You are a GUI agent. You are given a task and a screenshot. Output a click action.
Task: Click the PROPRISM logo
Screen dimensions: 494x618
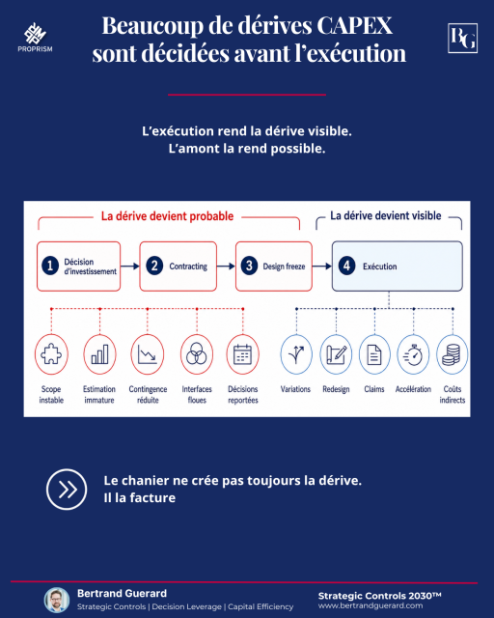tap(35, 38)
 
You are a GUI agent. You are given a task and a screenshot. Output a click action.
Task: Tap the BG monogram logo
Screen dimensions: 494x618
tap(462, 38)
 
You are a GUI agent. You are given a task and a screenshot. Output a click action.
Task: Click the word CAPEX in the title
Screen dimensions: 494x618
tap(354, 25)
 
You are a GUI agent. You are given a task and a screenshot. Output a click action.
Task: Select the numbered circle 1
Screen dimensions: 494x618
tap(50, 266)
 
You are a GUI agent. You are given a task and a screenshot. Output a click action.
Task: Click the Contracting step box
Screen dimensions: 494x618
tap(178, 267)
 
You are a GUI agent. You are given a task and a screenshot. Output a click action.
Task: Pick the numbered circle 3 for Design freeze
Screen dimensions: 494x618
tap(249, 267)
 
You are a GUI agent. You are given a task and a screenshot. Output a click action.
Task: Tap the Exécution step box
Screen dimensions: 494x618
tap(398, 267)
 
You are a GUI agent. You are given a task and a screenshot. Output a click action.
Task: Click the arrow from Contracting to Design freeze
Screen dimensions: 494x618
tap(226, 267)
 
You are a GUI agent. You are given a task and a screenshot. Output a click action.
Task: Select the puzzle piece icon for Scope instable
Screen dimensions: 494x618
tap(51, 354)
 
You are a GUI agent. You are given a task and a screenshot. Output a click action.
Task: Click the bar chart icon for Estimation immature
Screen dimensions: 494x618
tap(99, 354)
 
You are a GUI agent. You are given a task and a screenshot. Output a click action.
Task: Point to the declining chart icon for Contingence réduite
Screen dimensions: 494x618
tap(148, 354)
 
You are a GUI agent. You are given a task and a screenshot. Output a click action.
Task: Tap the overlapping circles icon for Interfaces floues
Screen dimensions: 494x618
tap(197, 354)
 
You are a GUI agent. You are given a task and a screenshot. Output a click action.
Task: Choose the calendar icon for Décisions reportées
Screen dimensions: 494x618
tap(243, 354)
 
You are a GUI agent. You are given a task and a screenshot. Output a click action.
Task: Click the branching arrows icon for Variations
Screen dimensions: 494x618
tap(296, 354)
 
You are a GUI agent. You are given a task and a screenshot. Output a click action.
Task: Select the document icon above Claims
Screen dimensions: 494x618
tap(374, 354)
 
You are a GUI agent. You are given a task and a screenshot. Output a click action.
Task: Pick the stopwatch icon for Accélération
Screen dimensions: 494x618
tap(413, 354)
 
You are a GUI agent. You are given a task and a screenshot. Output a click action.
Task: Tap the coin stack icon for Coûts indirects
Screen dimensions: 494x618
tap(452, 354)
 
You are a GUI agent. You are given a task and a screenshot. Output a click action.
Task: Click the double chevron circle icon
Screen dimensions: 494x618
tap(67, 490)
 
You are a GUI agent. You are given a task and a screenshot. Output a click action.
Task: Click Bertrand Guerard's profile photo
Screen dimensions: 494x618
tap(57, 601)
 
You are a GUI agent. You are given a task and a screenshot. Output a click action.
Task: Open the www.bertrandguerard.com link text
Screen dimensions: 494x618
tap(370, 605)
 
